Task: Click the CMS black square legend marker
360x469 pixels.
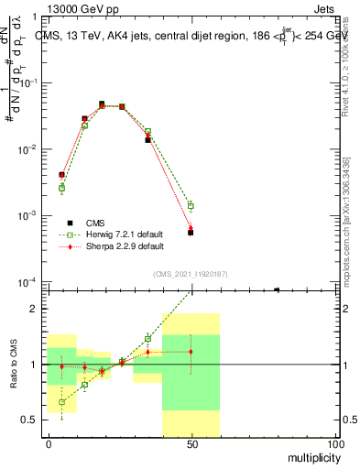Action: click(70, 223)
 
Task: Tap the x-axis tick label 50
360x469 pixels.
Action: click(191, 443)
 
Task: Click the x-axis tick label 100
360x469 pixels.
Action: click(335, 443)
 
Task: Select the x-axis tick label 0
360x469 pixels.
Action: click(48, 443)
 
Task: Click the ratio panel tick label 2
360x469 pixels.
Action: click(34, 309)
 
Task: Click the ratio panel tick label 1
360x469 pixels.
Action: click(34, 365)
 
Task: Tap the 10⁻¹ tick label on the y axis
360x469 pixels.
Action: click(28, 82)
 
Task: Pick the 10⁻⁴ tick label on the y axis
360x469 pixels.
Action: click(28, 282)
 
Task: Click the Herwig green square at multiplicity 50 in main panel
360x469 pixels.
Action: click(191, 206)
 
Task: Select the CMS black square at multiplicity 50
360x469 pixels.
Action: click(191, 233)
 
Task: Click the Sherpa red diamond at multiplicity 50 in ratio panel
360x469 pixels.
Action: click(191, 352)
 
